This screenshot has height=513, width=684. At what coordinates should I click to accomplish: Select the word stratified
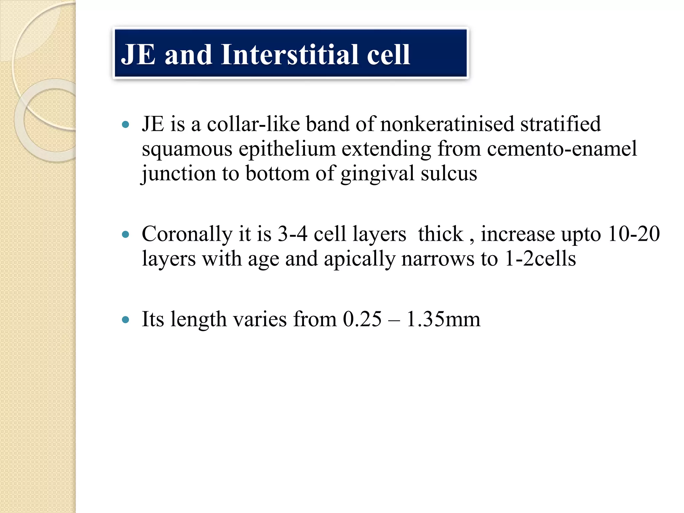[560, 124]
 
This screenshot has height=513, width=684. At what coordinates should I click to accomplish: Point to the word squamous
[187, 149]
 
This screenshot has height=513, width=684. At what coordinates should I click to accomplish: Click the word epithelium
[287, 149]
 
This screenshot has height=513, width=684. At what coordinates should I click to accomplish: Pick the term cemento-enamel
[562, 149]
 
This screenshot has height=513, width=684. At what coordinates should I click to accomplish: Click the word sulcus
[449, 174]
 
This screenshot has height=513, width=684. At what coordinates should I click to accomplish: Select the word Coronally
[187, 234]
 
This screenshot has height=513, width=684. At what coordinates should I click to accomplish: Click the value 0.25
[362, 319]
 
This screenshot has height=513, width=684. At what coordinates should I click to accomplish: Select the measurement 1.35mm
[443, 319]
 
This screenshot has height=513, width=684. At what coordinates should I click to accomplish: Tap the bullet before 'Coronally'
[126, 234]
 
